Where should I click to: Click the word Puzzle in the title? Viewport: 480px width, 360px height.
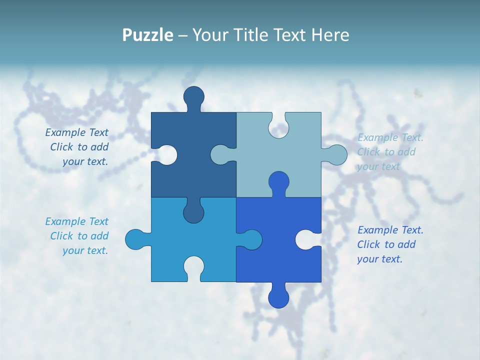click(148, 35)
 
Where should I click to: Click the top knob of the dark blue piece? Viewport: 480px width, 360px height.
click(193, 96)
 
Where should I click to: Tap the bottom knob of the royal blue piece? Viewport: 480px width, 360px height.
click(278, 298)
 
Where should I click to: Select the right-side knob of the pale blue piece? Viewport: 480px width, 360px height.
click(336, 154)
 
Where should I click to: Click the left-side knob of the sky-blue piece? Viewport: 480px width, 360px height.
click(135, 239)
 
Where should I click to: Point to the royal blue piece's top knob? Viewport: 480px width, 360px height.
click(278, 182)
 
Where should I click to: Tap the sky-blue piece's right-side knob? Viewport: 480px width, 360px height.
click(251, 239)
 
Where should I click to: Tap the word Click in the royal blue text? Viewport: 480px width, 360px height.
click(368, 244)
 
